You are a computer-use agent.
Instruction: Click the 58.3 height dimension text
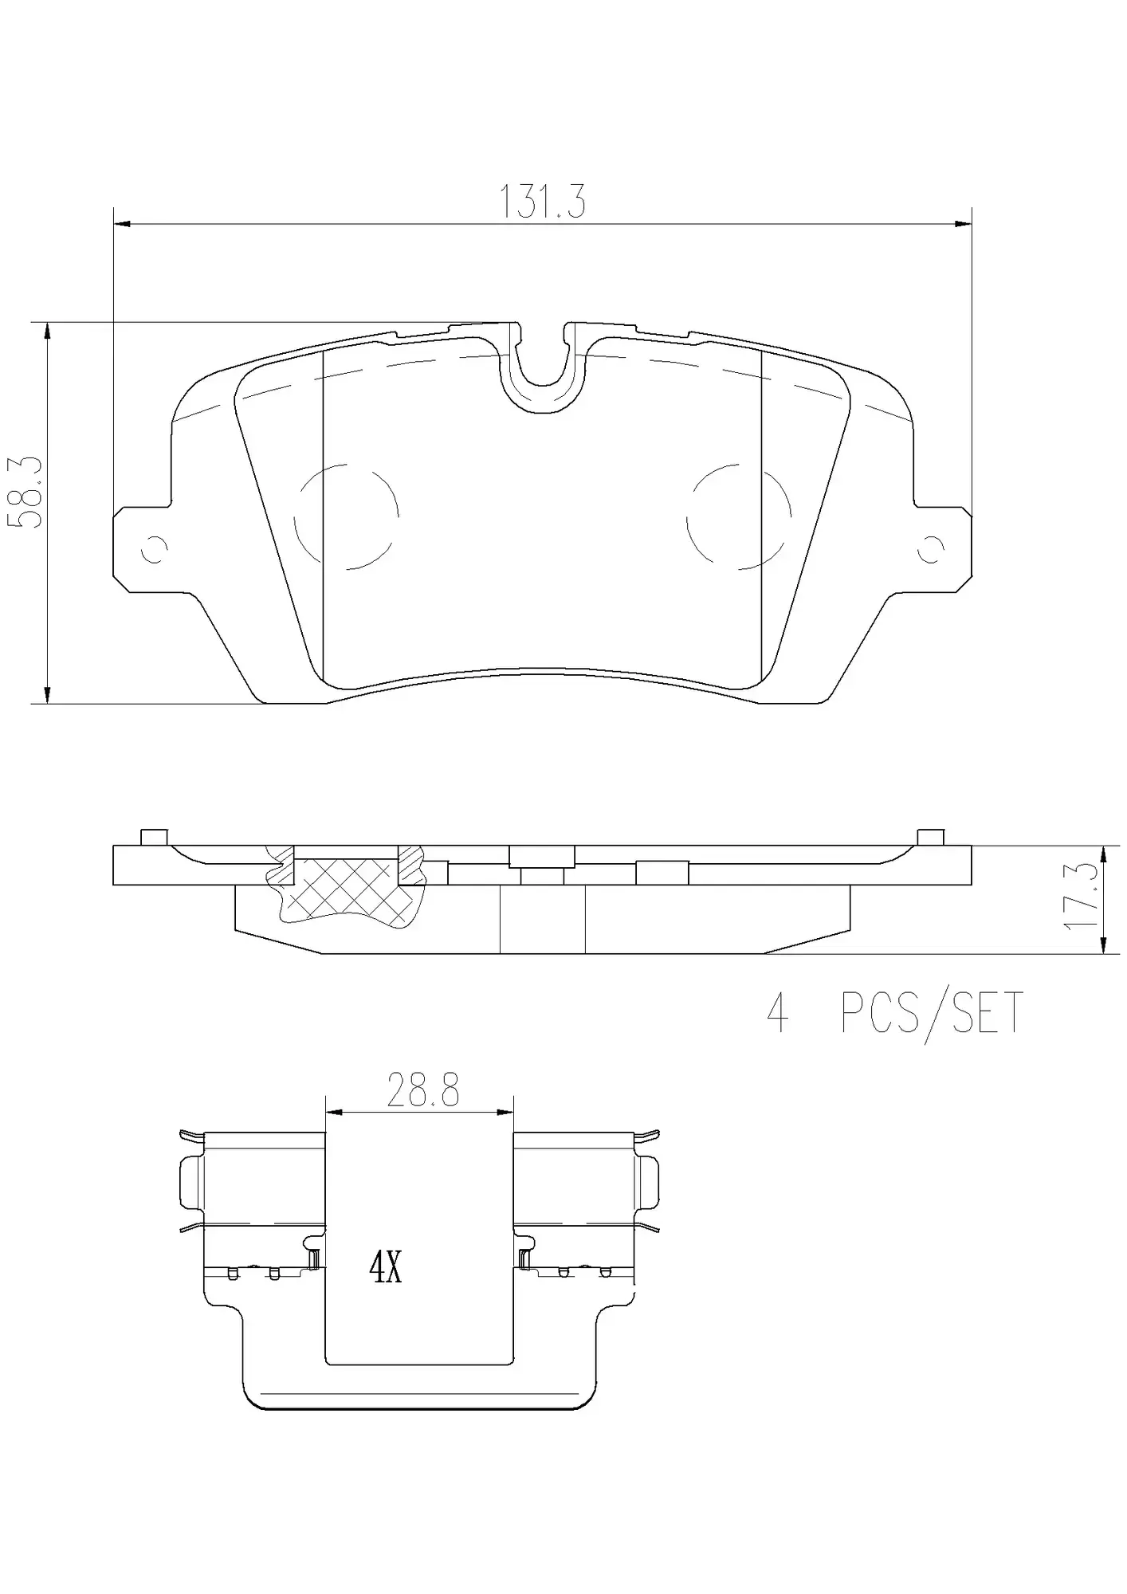tap(25, 493)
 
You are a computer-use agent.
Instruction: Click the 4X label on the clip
tap(386, 1266)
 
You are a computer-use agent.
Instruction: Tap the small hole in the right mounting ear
tap(931, 549)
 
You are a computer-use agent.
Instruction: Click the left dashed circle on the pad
tap(346, 516)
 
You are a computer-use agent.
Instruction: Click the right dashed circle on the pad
tap(739, 516)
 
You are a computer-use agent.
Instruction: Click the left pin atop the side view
tap(153, 837)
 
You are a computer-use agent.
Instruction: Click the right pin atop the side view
tap(930, 837)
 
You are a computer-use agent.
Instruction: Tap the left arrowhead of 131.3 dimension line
tap(122, 224)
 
